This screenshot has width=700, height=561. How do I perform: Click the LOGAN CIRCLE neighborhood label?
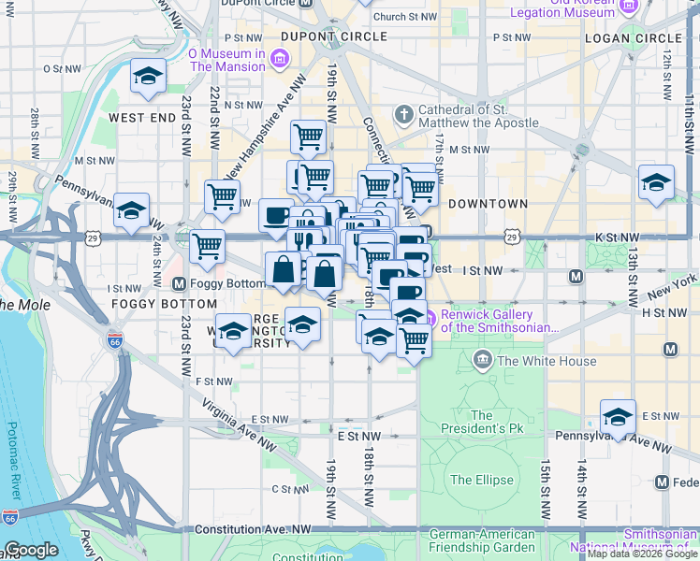(x=634, y=37)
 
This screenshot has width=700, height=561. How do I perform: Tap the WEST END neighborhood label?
(x=142, y=118)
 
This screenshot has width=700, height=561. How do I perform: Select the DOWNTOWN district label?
(x=488, y=203)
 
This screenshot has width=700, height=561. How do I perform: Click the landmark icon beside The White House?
(x=483, y=359)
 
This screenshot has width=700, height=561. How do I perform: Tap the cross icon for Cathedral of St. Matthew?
(x=404, y=114)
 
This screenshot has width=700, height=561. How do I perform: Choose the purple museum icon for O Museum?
(x=279, y=62)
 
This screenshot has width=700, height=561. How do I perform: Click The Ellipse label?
(x=481, y=480)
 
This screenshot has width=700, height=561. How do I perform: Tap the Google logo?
(x=30, y=550)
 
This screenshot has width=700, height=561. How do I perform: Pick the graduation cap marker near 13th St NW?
(x=657, y=181)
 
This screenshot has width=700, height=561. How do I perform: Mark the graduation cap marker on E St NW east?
(x=618, y=416)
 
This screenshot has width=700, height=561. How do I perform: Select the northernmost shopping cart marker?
(x=308, y=137)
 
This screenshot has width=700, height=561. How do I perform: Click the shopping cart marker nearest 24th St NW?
(x=207, y=247)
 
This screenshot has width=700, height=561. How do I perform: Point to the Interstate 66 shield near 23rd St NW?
(x=114, y=341)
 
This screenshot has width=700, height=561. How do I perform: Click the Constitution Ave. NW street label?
(x=253, y=529)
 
